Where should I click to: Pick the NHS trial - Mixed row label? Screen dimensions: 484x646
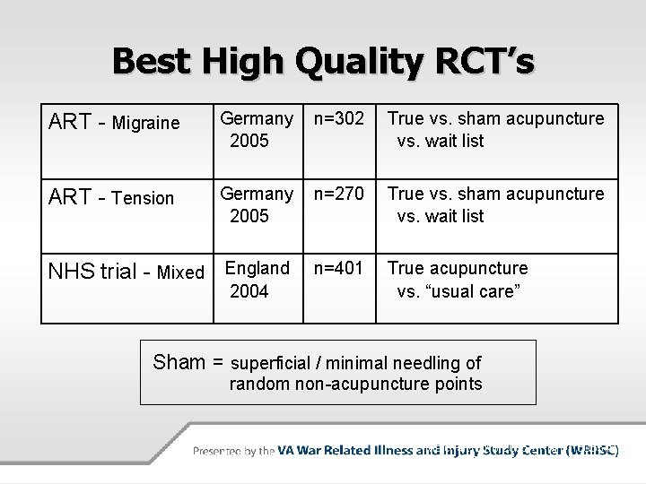click(125, 272)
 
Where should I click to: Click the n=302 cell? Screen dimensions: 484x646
click(339, 118)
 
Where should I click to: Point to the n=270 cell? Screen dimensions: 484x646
click(339, 194)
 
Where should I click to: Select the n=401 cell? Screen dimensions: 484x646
click(339, 268)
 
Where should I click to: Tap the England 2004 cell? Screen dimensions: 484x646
click(257, 279)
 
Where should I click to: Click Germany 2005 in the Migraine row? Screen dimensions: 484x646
click(257, 129)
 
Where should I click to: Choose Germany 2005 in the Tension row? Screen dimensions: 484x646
click(257, 204)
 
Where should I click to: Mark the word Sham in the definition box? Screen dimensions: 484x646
click(179, 362)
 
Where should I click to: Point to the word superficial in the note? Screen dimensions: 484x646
click(273, 363)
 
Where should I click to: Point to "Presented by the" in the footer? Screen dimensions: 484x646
click(233, 451)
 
